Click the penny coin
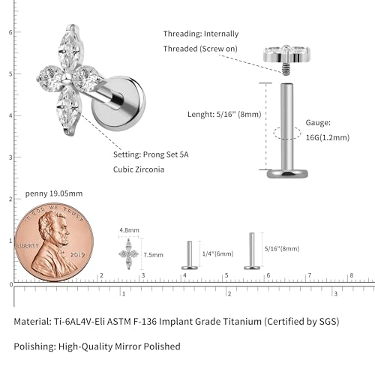click(54, 242)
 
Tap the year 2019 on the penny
click(77, 255)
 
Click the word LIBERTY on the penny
click(28, 245)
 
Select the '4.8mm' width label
click(129, 230)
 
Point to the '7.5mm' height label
click(153, 255)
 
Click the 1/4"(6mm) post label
click(217, 253)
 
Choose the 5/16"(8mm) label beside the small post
click(282, 248)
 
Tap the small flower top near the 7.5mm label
click(128, 254)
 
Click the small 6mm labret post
click(190, 255)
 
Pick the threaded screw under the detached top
click(285, 69)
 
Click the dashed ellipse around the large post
click(286, 133)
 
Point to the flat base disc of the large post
click(287, 173)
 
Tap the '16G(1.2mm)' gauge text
click(328, 137)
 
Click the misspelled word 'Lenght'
click(201, 115)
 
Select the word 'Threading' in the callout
click(182, 34)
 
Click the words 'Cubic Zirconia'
click(139, 169)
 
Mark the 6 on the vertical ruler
click(10, 32)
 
